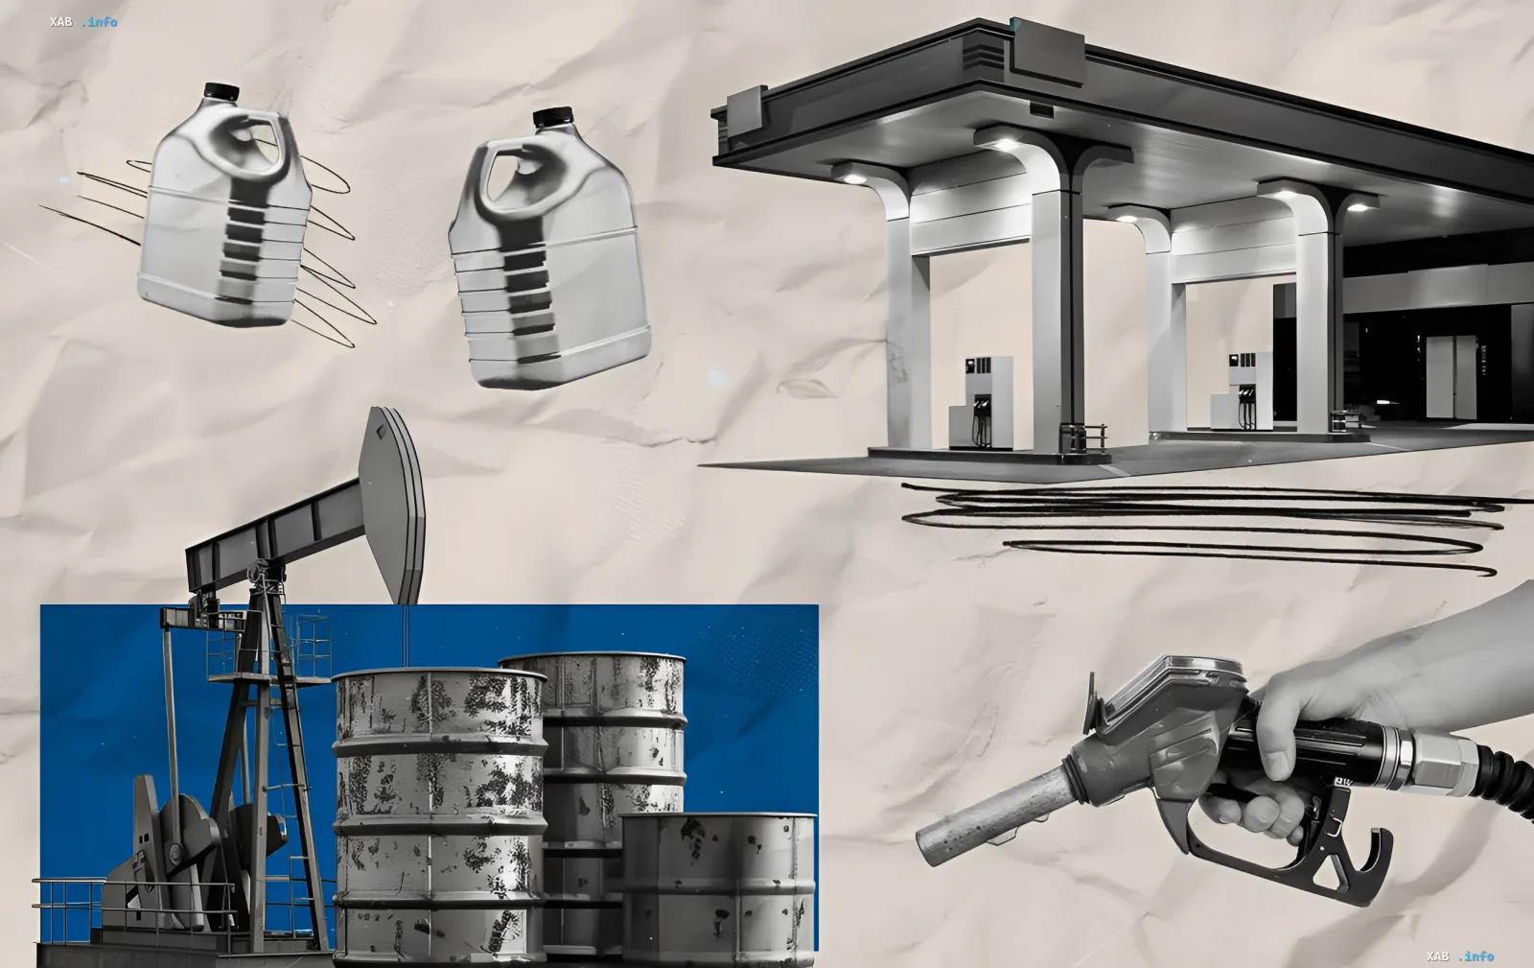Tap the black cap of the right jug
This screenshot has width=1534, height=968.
552,117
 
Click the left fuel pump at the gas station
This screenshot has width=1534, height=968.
981,403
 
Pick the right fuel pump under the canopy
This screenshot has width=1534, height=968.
1242,391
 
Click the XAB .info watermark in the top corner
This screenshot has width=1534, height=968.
83,22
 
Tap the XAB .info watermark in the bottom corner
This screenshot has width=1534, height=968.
1460,956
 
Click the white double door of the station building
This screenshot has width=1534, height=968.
1452,377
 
